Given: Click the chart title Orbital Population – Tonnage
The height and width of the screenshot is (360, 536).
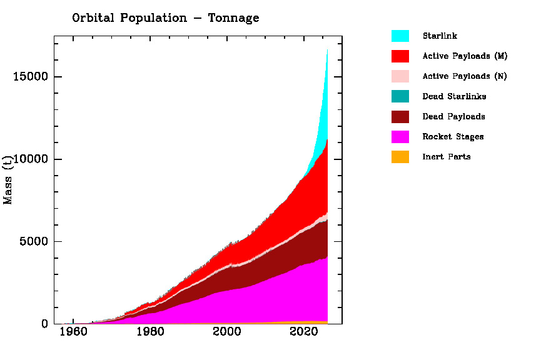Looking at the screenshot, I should tap(165, 18).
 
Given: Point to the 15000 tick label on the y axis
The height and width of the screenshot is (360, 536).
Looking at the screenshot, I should tap(31, 77).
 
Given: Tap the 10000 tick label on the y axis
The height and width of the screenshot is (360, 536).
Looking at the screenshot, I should tap(31, 159).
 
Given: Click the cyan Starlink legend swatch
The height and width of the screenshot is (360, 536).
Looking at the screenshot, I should tap(400, 36).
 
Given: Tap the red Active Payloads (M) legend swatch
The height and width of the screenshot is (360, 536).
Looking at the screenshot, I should tap(400, 56).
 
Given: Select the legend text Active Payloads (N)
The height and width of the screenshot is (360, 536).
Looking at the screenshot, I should tap(465, 76).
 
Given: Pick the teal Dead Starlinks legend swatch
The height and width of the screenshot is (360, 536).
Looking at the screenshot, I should tap(400, 96).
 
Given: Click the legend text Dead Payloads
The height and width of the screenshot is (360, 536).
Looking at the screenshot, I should tap(453, 116).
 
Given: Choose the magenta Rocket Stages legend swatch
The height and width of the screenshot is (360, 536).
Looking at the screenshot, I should tap(400, 136).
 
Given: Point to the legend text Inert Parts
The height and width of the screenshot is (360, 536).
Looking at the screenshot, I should tap(447, 156).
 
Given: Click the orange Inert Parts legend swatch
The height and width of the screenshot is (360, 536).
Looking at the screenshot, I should tap(400, 156).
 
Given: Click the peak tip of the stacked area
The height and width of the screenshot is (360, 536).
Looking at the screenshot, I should tap(327, 50).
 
